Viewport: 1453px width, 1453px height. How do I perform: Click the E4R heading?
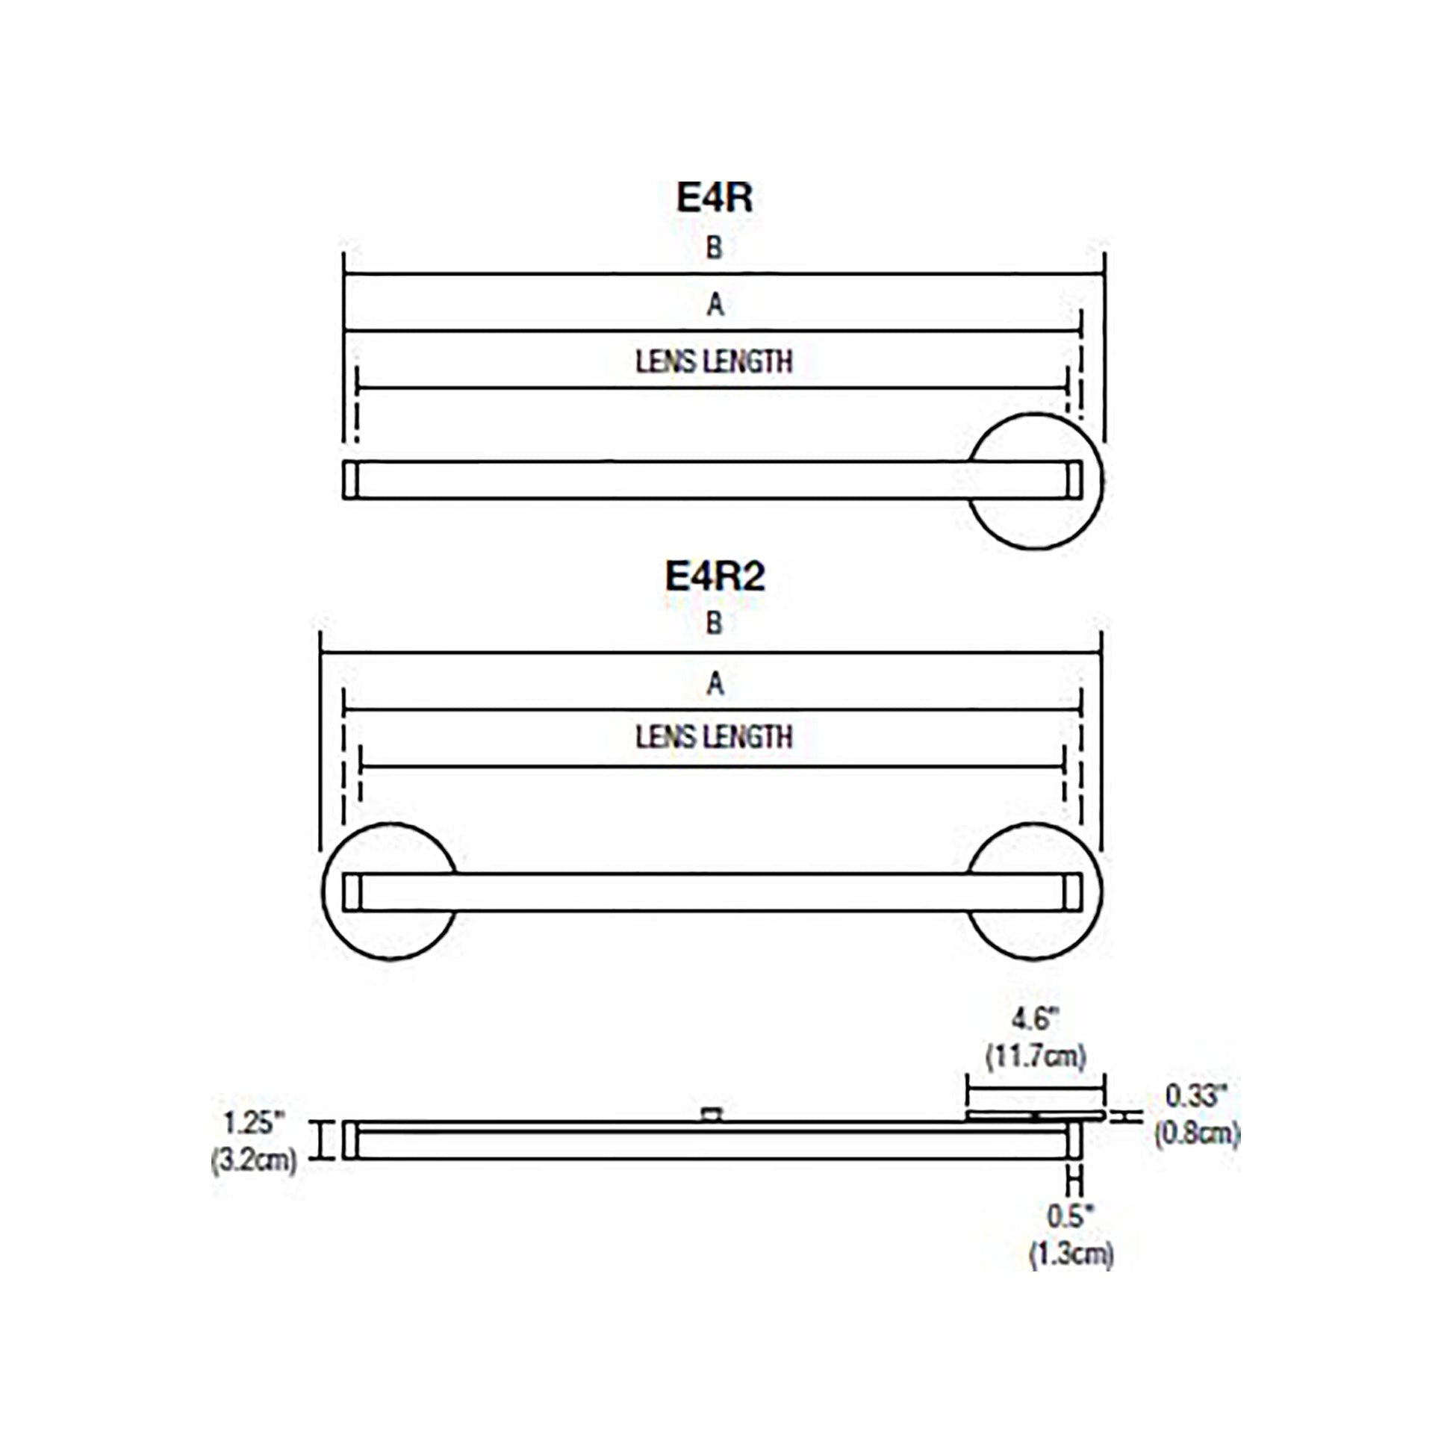715,198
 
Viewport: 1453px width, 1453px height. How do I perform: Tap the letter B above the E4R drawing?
715,247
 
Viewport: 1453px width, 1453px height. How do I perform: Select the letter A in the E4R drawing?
715,305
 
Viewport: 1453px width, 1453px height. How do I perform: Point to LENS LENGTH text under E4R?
715,361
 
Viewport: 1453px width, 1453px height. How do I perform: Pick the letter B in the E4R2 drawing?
715,623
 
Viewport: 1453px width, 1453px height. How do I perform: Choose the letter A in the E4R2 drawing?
715,684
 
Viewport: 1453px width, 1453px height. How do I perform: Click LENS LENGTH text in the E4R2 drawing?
715,736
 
